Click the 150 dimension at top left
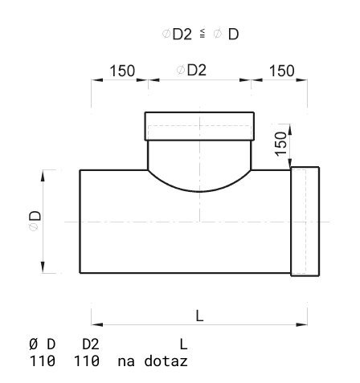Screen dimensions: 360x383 click(122, 71)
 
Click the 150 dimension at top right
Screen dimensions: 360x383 click(282, 71)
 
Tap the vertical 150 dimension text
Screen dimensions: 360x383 click(281, 144)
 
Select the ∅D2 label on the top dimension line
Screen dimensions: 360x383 click(191, 70)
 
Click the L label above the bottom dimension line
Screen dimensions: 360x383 click(199, 316)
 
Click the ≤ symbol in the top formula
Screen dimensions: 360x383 click(202, 33)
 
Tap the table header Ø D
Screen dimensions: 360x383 click(42, 344)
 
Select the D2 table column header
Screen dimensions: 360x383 click(91, 344)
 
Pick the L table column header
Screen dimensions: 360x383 click(183, 344)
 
